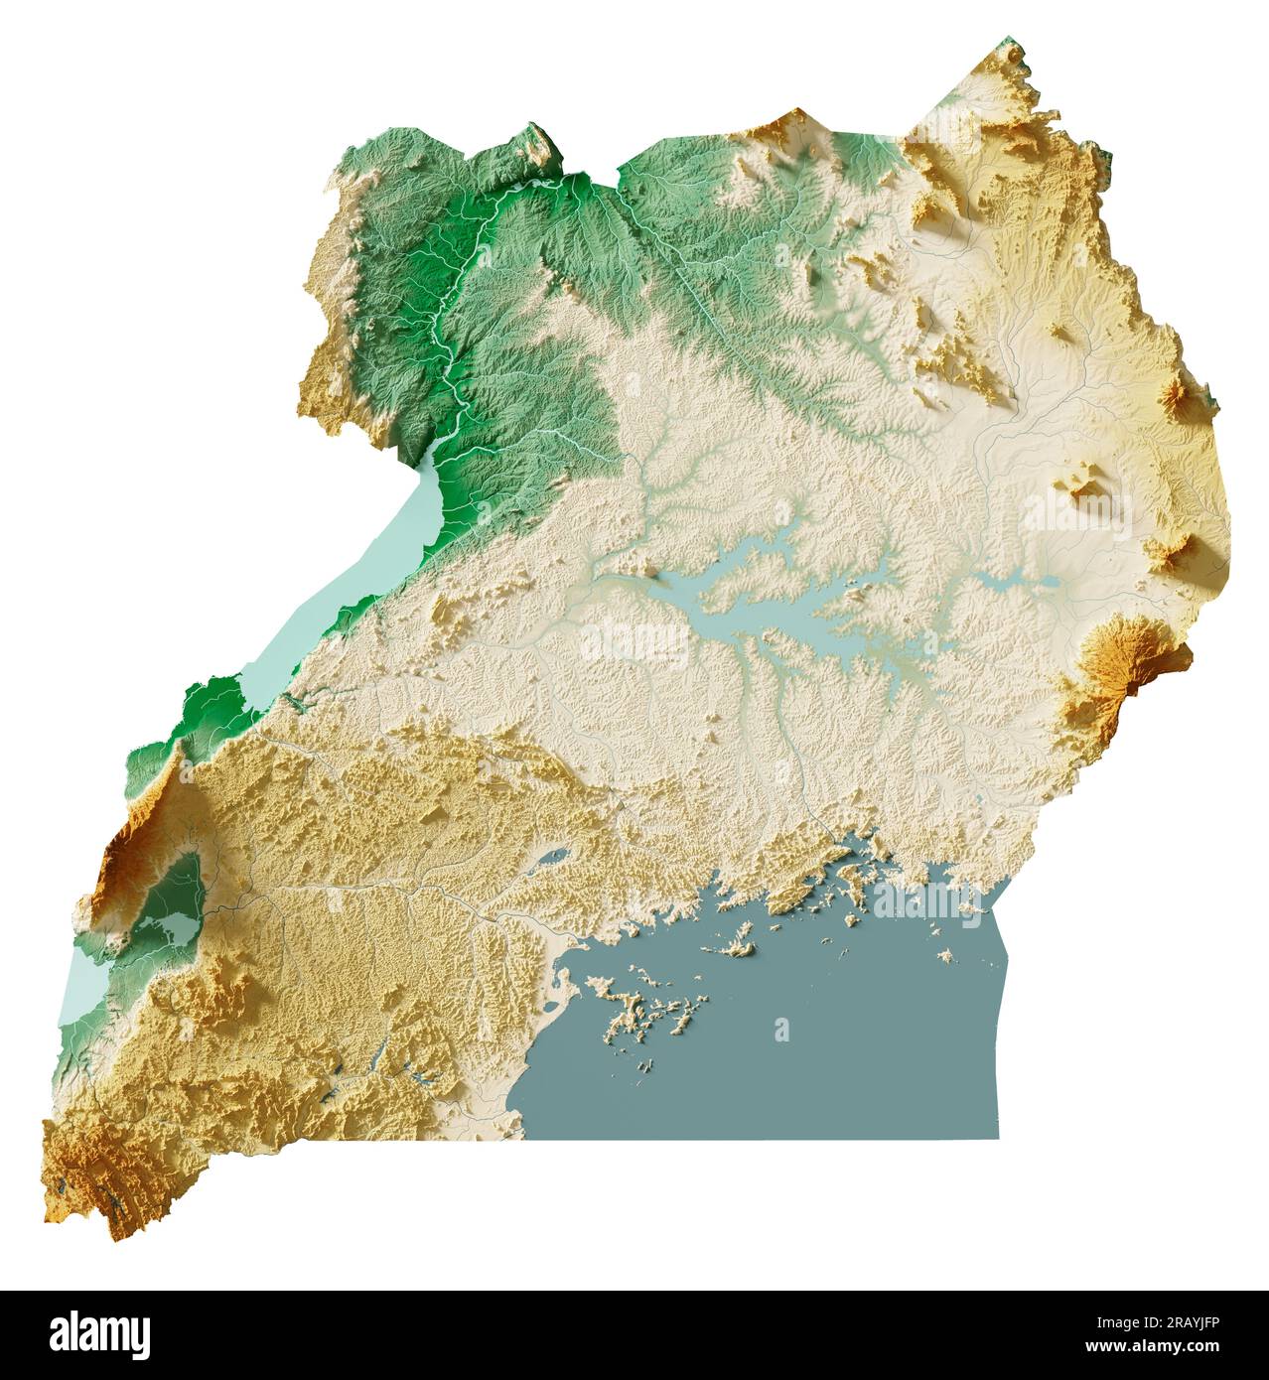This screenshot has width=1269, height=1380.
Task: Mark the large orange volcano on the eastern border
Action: click(1122, 665)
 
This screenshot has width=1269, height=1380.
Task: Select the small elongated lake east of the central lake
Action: click(1023, 581)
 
